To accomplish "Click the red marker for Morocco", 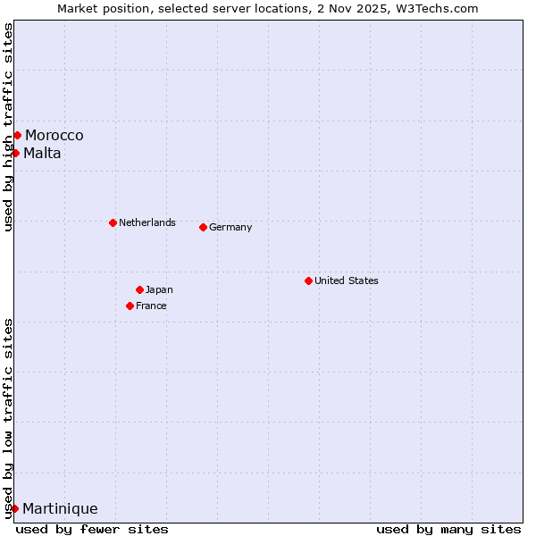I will click(x=17, y=135).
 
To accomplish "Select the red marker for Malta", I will click(x=15, y=153).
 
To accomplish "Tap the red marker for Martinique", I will click(x=14, y=508).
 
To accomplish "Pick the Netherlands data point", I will click(x=113, y=222).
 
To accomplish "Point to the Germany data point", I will click(x=203, y=227).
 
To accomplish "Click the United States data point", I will click(x=308, y=281).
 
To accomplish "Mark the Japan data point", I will click(x=139, y=289).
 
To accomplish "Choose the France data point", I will click(x=130, y=306).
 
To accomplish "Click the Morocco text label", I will click(x=54, y=136).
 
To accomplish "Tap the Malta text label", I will click(x=43, y=154).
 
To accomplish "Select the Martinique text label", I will click(x=60, y=509).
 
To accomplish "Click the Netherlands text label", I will click(x=147, y=222).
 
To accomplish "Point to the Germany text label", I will click(x=230, y=227).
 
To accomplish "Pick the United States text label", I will click(x=347, y=281).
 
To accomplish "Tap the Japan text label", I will click(x=159, y=289).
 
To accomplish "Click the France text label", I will click(x=151, y=306).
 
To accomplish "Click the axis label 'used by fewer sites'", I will click(x=92, y=529).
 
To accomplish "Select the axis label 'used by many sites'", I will click(x=448, y=529).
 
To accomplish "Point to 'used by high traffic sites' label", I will click(x=8, y=127).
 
